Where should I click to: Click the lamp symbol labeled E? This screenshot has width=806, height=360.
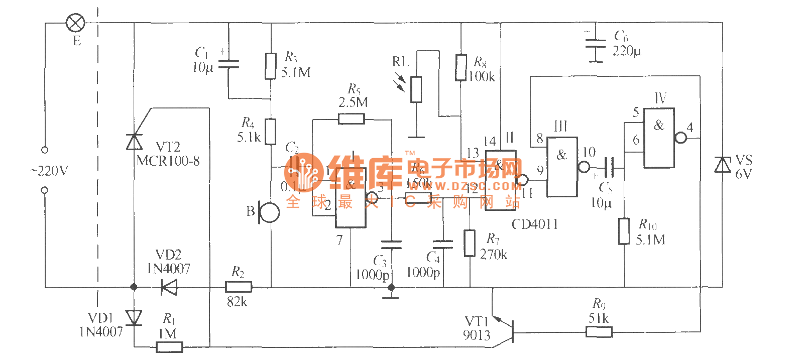click(x=76, y=23)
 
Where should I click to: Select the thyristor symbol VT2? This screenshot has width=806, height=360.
click(x=134, y=142)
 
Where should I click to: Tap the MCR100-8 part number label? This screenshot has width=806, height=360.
click(x=168, y=161)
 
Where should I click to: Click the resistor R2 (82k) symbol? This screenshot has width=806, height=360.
click(x=239, y=287)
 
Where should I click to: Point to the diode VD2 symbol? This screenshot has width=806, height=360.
click(x=169, y=288)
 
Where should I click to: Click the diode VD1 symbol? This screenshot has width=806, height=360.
click(x=134, y=317)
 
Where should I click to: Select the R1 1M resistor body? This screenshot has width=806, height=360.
click(x=169, y=347)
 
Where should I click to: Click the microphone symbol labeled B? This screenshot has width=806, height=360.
click(x=269, y=212)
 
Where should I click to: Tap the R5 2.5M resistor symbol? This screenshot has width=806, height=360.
click(x=351, y=119)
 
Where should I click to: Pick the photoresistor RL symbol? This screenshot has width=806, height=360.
click(x=416, y=89)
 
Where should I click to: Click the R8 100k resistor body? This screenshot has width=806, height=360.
click(x=460, y=68)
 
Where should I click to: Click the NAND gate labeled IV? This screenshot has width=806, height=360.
click(x=659, y=138)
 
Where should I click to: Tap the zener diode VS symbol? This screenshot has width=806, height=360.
click(x=723, y=164)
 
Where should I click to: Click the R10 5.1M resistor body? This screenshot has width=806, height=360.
click(x=624, y=231)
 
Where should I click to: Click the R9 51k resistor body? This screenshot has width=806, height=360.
click(x=599, y=331)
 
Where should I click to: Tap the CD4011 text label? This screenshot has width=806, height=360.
click(x=534, y=224)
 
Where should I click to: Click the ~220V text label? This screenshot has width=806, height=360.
click(x=49, y=171)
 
